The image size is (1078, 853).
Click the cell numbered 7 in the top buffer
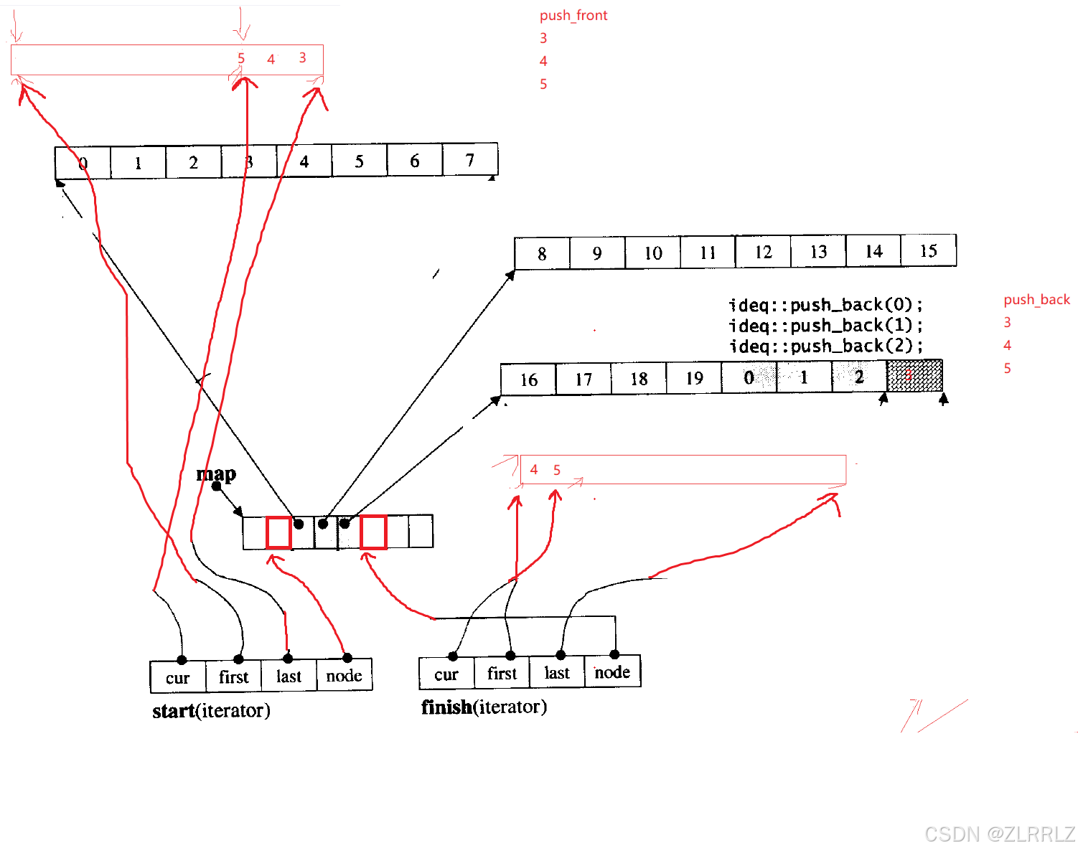[x=470, y=160]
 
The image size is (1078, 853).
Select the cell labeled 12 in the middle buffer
[x=763, y=252]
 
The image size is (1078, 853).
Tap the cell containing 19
[x=694, y=378]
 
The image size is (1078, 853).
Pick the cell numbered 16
[x=529, y=380]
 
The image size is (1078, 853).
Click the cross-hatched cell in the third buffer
[x=914, y=376]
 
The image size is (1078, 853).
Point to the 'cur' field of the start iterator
[x=178, y=677]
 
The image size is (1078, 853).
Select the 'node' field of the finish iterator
[x=612, y=672]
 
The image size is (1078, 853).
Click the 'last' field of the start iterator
[x=289, y=676]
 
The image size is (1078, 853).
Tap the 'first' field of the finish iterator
[x=502, y=673]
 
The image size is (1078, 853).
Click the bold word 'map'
[x=216, y=473]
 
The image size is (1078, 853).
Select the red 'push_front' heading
[x=573, y=15]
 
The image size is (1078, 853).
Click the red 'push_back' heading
[x=1036, y=299]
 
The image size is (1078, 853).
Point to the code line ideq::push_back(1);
[x=825, y=326]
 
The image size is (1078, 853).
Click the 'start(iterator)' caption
[x=211, y=710]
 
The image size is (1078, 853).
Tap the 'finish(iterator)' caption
[x=484, y=707]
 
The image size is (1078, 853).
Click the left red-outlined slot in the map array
[x=278, y=532]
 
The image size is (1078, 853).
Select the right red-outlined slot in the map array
[x=373, y=532]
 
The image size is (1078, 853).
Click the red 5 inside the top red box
[x=241, y=58]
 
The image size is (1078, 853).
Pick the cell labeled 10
[x=652, y=253]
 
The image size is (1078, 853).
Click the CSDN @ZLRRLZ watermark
[x=999, y=834]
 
